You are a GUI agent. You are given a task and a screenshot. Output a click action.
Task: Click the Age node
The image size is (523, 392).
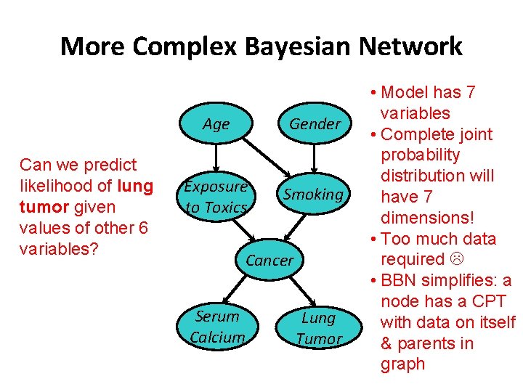pos(216,124)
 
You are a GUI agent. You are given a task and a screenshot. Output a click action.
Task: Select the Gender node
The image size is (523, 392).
pos(315,124)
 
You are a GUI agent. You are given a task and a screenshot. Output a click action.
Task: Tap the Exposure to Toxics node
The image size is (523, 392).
pos(216,196)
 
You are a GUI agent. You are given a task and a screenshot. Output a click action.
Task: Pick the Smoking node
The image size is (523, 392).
pos(313,194)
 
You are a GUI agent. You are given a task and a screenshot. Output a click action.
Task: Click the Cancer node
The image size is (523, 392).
pos(270,260)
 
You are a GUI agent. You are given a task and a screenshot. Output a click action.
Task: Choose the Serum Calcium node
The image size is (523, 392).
pos(217,327)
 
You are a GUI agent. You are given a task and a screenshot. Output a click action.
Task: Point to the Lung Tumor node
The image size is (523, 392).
pos(318,328)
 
